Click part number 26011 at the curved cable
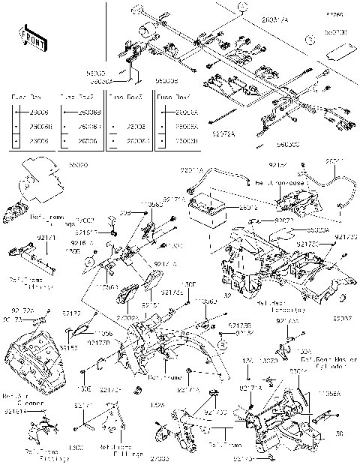(x=335, y=161)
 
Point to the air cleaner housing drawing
(x=33, y=360)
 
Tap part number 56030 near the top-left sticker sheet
(x=77, y=161)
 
